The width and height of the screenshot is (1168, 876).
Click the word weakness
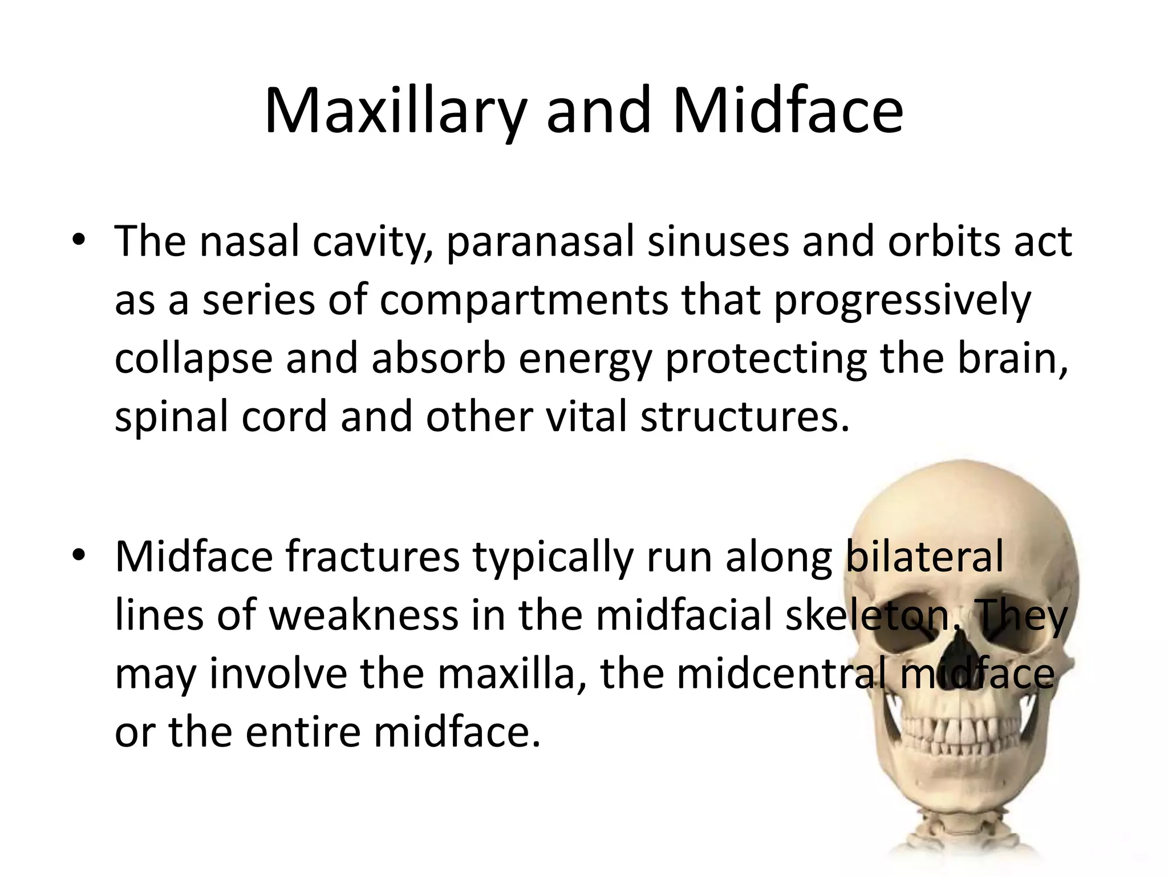363,615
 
